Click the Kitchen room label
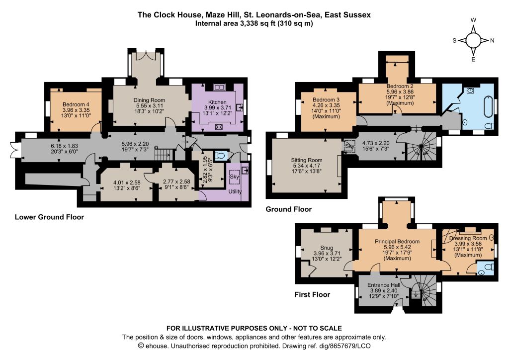tap(217, 102)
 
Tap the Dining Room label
tap(149, 100)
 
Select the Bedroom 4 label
tap(76, 104)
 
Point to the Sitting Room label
tap(306, 160)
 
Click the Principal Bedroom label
tap(397, 242)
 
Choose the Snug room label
tap(327, 248)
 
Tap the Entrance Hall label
tap(384, 285)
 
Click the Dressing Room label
tap(468, 238)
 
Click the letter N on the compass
tap(492, 41)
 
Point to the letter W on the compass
tap(473, 20)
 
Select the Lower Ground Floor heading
tap(49, 217)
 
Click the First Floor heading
tap(312, 294)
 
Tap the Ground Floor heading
tap(289, 209)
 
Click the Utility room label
tap(235, 191)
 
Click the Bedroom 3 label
tap(326, 99)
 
